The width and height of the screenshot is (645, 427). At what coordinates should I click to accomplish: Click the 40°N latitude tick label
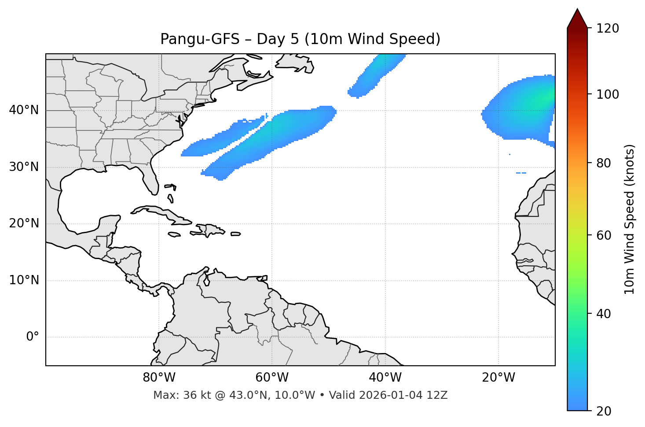24,110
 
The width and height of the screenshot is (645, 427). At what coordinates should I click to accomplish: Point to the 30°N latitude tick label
24,167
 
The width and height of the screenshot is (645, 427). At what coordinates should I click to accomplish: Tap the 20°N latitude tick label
24,223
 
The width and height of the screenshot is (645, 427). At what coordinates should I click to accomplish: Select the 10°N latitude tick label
24,280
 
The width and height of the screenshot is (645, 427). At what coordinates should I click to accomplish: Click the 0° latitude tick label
33,337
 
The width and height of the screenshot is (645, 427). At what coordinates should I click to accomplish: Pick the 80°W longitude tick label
159,378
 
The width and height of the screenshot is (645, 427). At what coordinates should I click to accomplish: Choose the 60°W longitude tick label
272,378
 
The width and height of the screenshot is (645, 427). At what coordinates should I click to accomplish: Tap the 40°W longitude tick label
385,378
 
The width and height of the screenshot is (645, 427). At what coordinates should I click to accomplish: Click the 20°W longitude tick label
498,378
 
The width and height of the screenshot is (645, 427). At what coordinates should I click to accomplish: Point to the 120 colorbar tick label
608,29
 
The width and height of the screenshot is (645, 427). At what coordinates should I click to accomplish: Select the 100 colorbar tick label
608,94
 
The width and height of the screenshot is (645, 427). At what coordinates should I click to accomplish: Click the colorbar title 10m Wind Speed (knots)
630,219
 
